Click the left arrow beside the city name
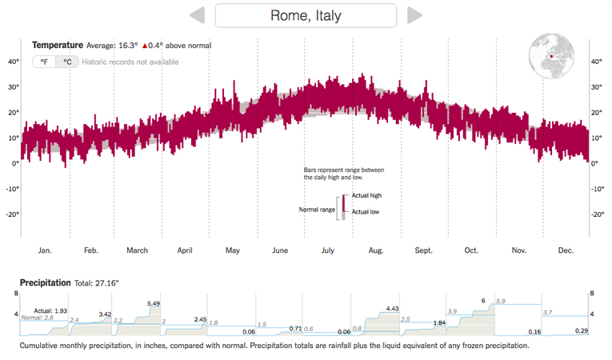coord(198,15)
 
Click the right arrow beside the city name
coord(414,15)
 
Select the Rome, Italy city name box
coord(306,15)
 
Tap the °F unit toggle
coord(44,62)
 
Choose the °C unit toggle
coord(67,62)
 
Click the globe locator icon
coord(551,56)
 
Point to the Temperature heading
coord(57,46)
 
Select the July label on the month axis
coord(327,250)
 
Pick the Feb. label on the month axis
coord(91,250)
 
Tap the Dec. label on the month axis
coord(566,250)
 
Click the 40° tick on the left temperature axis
coord(14,61)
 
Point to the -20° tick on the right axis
coord(597,214)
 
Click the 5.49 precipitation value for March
coord(154,303)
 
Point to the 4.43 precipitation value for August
coord(392,308)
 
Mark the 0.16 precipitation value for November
coord(535,331)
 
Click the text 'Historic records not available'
coord(130,62)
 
